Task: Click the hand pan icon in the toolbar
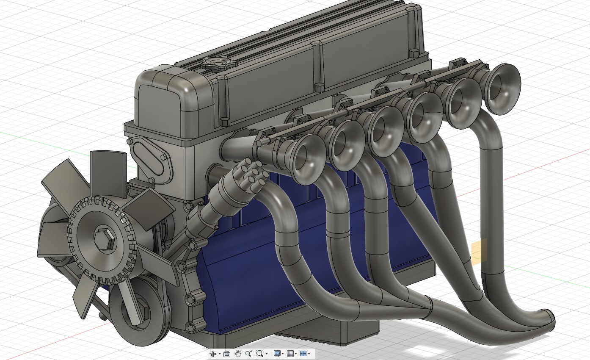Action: tap(238, 353)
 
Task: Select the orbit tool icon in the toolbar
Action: tap(213, 353)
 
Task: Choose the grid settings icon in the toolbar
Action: tap(290, 353)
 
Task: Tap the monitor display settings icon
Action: tap(277, 353)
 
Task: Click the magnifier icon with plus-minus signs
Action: tap(248, 353)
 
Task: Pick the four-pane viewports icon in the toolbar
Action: tap(303, 353)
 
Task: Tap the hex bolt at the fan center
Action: tap(103, 240)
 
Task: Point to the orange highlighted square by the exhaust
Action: tap(479, 252)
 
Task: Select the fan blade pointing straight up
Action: tap(108, 167)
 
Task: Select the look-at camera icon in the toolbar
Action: tap(226, 353)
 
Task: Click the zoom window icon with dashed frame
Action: tap(260, 353)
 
